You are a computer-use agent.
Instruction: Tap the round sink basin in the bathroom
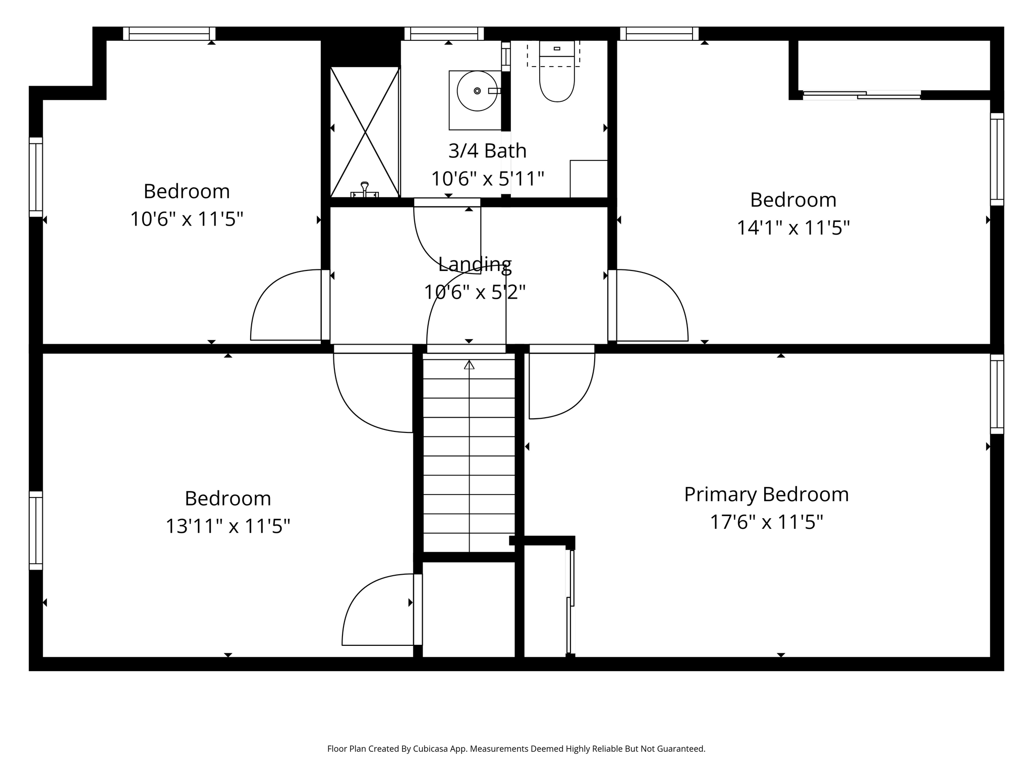(477, 91)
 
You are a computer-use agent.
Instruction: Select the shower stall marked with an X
(365, 132)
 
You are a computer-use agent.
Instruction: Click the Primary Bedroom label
(766, 494)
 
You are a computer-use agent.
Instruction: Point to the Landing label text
(475, 264)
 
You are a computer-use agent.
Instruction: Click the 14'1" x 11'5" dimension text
(793, 228)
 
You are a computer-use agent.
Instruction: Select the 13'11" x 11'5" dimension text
(228, 526)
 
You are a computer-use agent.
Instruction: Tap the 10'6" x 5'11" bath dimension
(487, 178)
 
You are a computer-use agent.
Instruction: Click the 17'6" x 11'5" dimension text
(766, 522)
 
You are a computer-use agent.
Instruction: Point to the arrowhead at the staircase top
(469, 364)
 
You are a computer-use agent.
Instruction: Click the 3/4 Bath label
(487, 150)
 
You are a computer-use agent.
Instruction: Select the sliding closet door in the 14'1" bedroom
(862, 95)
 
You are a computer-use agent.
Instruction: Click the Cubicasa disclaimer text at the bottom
(516, 749)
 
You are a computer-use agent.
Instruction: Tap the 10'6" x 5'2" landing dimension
(475, 292)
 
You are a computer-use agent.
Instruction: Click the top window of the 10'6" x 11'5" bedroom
(169, 34)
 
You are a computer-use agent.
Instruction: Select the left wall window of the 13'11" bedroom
(36, 530)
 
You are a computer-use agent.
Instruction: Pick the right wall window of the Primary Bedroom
(997, 394)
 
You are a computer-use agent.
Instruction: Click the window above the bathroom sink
(444, 34)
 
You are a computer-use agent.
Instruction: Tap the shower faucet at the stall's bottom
(365, 190)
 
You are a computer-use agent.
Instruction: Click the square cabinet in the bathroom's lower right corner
(589, 179)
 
